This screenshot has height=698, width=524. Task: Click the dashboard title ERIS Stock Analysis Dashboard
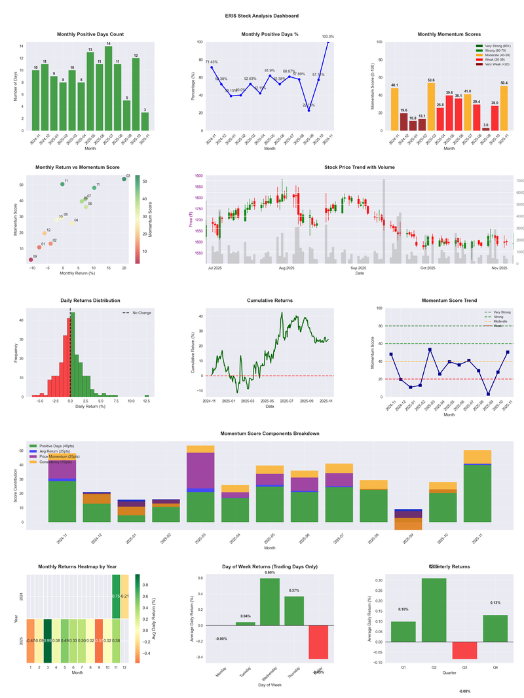pyautogui.click(x=262, y=16)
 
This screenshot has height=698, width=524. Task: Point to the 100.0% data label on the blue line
pyautogui.click(x=328, y=37)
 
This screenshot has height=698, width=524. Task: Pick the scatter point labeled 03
pyautogui.click(x=124, y=179)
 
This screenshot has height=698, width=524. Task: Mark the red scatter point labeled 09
pyautogui.click(x=30, y=260)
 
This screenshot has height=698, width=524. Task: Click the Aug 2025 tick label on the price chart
pyautogui.click(x=286, y=268)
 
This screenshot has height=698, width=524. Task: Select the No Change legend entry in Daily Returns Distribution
pyautogui.click(x=138, y=313)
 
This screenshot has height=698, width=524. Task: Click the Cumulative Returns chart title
pyautogui.click(x=270, y=301)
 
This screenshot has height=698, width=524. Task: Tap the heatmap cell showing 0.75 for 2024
pyautogui.click(x=115, y=596)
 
